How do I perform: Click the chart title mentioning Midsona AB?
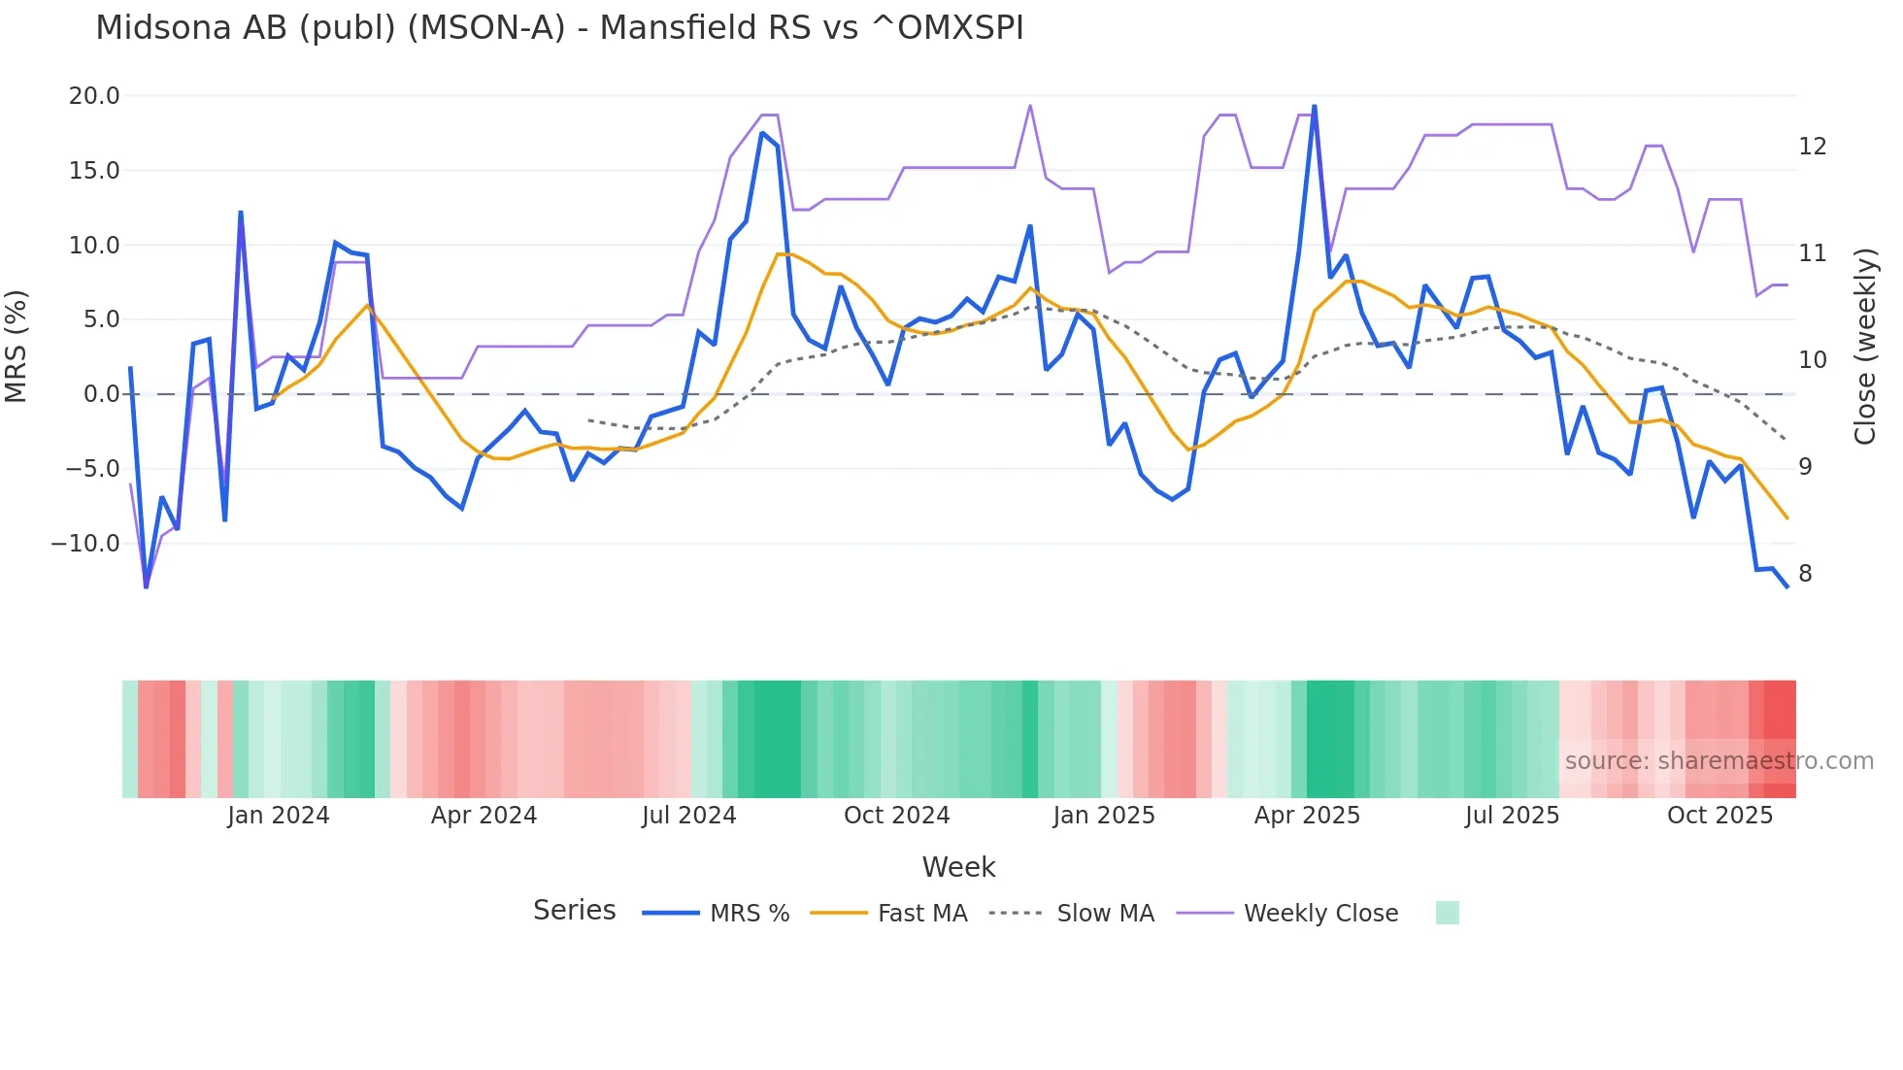coord(559,27)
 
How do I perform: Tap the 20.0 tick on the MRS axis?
coord(94,96)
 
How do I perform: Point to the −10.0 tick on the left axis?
coord(85,543)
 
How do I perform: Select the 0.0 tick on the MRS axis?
coord(101,394)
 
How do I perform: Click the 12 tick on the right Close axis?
coord(1812,147)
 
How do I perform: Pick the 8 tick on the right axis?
coord(1805,574)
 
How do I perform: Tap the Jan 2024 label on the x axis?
coord(279,816)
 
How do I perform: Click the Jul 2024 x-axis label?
coord(688,816)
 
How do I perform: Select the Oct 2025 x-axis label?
coord(1719,816)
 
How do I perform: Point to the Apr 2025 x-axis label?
coord(1307,816)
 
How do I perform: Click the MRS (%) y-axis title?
coord(17,347)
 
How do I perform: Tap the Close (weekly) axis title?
coord(1865,347)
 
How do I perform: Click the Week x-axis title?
coord(958,867)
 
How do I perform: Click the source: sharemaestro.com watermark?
coord(1719,761)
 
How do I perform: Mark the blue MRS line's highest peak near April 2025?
coord(1315,107)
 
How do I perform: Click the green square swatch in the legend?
coord(1447,914)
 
